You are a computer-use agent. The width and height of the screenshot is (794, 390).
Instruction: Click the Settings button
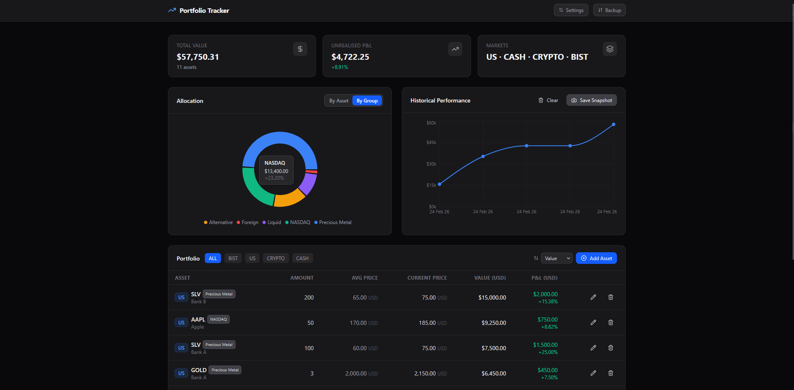[x=571, y=10]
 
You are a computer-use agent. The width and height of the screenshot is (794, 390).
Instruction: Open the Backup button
[x=609, y=10]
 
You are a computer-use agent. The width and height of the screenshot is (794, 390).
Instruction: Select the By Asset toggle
[x=339, y=101]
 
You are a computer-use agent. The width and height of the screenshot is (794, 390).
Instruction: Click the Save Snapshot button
[x=592, y=100]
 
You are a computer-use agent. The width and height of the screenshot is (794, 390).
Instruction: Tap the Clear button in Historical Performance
[x=548, y=100]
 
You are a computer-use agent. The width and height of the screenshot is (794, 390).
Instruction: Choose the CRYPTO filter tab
[x=276, y=258]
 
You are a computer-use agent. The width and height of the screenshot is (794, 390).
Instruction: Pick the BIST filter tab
[x=233, y=258]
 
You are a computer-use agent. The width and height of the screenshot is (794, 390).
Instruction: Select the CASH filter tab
[x=302, y=258]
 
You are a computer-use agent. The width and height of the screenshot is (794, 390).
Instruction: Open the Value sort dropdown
[x=556, y=258]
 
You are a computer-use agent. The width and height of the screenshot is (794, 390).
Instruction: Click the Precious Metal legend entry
[x=333, y=222]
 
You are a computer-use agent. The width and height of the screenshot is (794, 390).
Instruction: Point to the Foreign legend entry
[x=248, y=222]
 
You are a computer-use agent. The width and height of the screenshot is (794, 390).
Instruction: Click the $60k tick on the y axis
[x=431, y=123]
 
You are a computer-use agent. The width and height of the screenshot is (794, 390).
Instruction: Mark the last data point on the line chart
[x=614, y=124]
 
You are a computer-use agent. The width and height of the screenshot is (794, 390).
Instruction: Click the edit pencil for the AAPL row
[x=593, y=322]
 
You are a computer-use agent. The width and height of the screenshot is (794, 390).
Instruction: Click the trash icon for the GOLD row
[x=611, y=373]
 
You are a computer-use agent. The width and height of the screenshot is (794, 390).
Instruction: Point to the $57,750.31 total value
[x=198, y=57]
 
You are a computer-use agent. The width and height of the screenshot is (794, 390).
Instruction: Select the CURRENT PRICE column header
[x=427, y=278]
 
